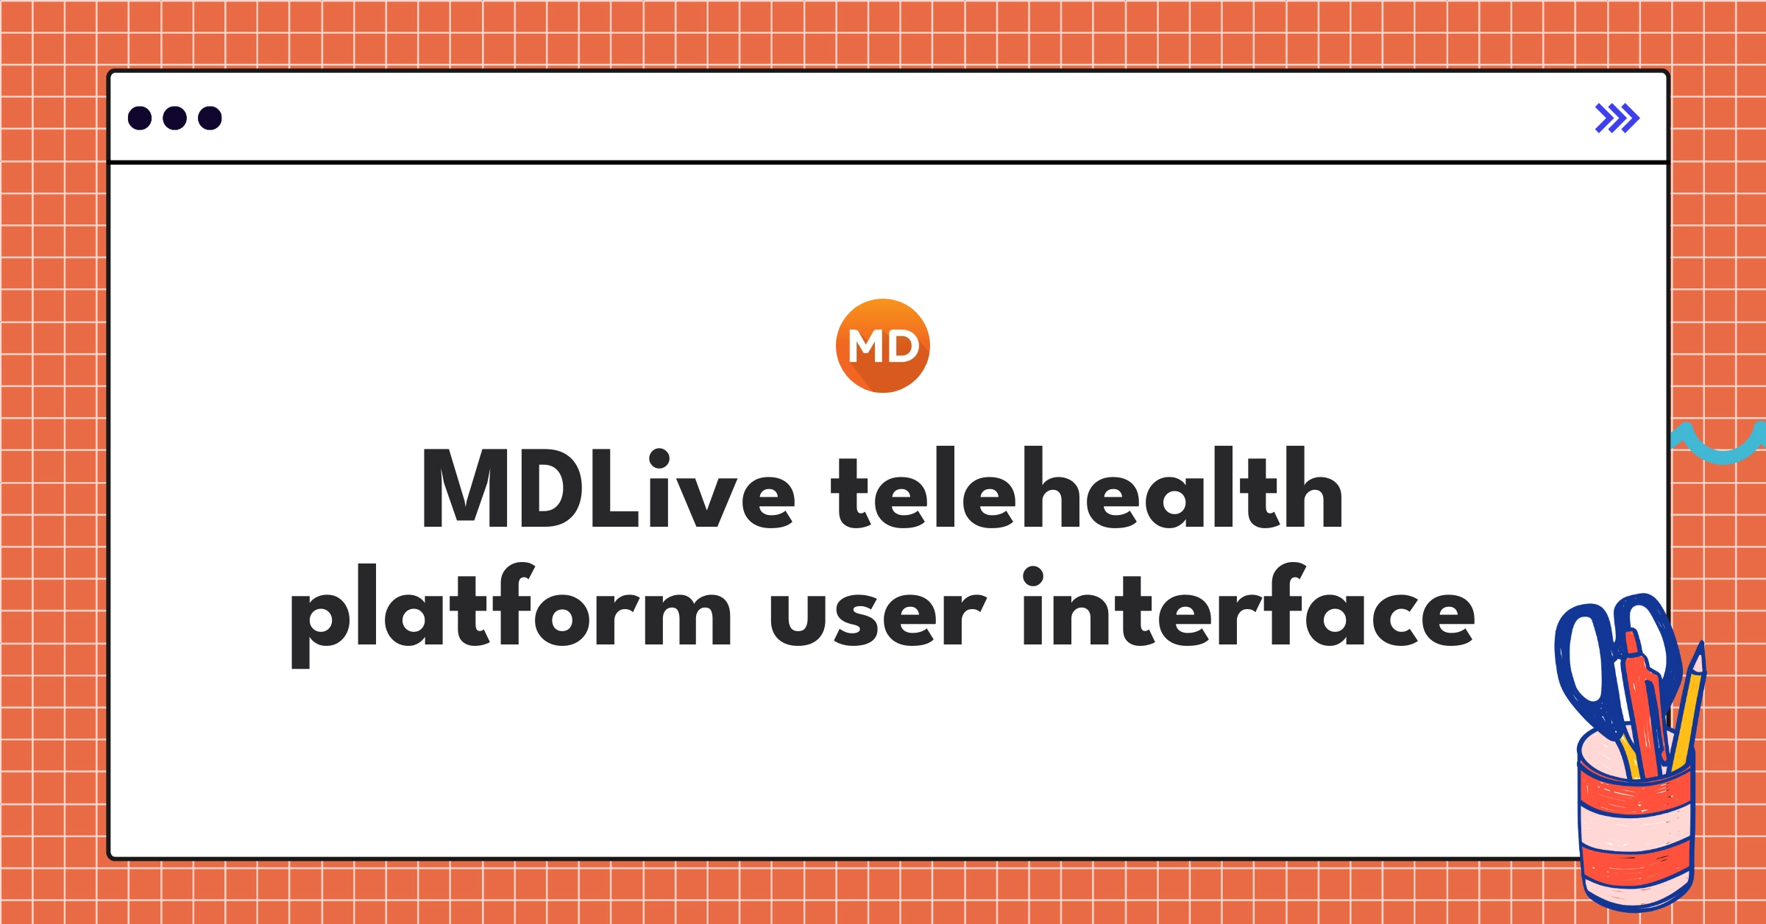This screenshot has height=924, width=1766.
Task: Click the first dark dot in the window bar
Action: [140, 118]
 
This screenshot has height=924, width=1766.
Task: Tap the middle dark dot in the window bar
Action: [174, 118]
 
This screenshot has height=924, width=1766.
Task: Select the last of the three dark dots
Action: [210, 118]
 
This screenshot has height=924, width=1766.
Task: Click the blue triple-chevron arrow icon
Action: [1617, 118]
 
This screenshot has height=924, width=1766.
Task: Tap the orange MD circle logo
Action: [882, 346]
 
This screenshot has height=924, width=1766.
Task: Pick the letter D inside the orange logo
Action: [902, 346]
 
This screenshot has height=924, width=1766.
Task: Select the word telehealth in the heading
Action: [1087, 489]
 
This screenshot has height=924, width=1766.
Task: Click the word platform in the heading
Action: [511, 611]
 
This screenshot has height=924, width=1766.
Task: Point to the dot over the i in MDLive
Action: [659, 458]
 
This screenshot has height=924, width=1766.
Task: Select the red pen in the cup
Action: [1645, 706]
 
